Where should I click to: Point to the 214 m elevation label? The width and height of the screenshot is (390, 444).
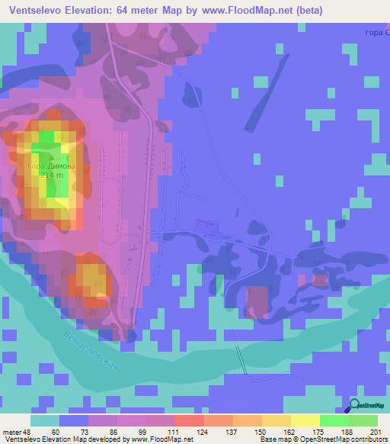pyautogui.click(x=53, y=175)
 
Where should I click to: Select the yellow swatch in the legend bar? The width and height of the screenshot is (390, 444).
pyautogui.click(x=305, y=420)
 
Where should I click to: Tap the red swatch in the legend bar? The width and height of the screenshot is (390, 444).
pyautogui.click(x=189, y=420)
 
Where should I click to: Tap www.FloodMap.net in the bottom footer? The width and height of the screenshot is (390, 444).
pyautogui.click(x=161, y=439)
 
